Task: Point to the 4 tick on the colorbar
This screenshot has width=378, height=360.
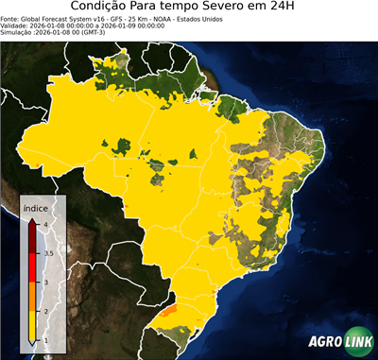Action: [x=45, y=225]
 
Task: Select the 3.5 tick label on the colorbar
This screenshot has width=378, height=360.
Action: [x=48, y=253]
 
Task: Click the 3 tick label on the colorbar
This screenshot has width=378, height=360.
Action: [x=45, y=282]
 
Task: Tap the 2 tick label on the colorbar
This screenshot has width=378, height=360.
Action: [x=45, y=311]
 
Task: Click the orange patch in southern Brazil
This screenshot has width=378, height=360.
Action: [x=170, y=308]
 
